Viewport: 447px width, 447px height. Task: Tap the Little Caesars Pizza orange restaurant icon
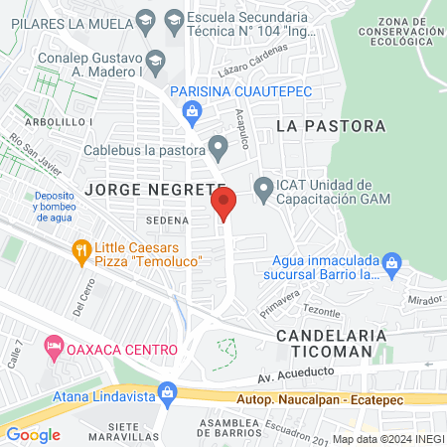[82, 251]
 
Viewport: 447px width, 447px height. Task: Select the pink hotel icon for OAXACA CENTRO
[54, 349]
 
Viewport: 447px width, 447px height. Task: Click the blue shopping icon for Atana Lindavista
[169, 394]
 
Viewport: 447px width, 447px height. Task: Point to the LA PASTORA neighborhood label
[331, 126]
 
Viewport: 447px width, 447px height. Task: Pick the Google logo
[34, 434]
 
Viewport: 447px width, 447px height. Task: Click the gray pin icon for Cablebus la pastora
[220, 145]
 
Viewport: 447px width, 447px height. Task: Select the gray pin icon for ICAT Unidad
[263, 187]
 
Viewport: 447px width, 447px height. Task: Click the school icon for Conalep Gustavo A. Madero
[155, 59]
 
